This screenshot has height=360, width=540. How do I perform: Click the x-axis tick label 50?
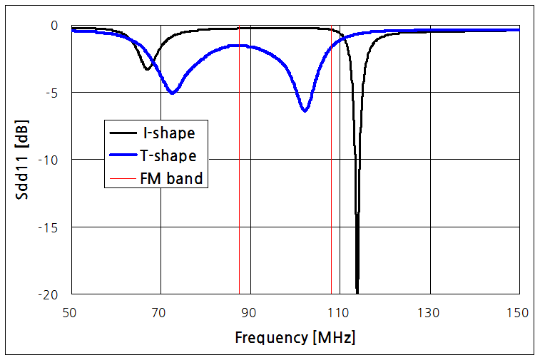coord(70,312)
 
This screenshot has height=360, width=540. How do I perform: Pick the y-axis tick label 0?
coord(54,26)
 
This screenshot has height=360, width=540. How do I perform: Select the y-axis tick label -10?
coord(47,160)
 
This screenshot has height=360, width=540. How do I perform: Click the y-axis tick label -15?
coord(47,227)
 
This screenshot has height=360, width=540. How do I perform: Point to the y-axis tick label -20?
coord(47,294)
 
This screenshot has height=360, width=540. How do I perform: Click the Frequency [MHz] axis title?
coord(295,337)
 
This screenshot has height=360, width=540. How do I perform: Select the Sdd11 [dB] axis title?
coord(21,159)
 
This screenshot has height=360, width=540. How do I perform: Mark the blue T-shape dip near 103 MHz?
coord(305,110)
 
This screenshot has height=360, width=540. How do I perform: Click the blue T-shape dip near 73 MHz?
coord(173,93)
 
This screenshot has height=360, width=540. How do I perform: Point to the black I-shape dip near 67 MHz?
coord(147,68)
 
